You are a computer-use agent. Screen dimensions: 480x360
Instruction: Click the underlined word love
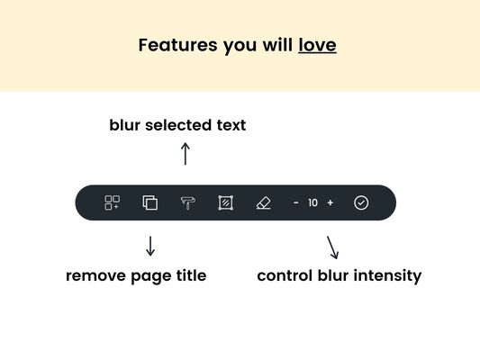pos(318,45)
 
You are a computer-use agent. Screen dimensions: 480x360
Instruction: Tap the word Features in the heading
pos(177,45)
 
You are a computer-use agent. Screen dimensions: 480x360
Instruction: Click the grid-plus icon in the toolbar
pos(112,202)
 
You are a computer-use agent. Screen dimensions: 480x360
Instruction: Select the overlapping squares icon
pos(150,202)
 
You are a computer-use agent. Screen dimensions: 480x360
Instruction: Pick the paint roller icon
pos(187,202)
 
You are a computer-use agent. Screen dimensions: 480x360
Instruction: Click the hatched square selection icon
pos(226,202)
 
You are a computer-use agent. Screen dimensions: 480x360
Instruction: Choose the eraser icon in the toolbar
pos(263,202)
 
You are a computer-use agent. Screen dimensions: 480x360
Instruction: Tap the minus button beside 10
pos(295,202)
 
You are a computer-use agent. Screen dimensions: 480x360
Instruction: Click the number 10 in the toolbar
pos(312,202)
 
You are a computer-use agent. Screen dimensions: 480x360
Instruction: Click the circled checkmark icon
pos(361,202)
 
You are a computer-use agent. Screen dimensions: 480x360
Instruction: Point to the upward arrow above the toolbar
pos(186,154)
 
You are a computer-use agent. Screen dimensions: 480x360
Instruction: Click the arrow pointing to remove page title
pos(150,246)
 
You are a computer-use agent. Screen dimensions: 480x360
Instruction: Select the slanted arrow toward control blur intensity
pos(332,247)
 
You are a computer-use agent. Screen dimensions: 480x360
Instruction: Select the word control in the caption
pos(285,275)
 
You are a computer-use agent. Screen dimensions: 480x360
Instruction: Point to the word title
pos(191,275)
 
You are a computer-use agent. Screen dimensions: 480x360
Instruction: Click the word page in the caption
pos(151,277)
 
